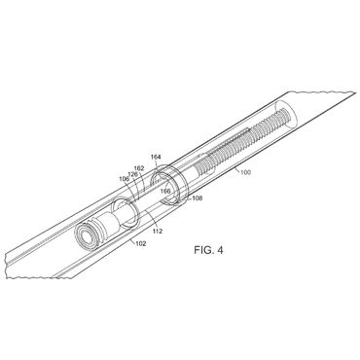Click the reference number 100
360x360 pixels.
click(x=245, y=172)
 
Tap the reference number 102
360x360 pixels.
click(x=140, y=243)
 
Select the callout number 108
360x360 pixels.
click(x=197, y=198)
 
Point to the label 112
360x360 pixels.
click(x=157, y=232)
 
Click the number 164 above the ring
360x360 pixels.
click(x=156, y=157)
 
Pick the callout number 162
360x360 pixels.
click(x=139, y=168)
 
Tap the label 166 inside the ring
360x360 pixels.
click(x=165, y=191)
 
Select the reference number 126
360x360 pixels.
click(x=132, y=174)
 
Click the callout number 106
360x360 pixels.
click(x=125, y=179)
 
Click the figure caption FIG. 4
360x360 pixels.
click(x=208, y=250)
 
